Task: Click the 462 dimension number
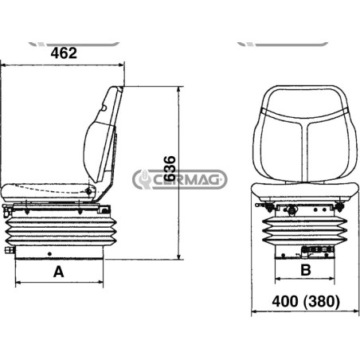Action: (64, 53)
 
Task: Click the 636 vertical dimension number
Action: (170, 169)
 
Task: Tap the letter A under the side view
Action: (59, 272)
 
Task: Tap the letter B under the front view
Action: (306, 270)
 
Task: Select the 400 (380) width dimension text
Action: (306, 302)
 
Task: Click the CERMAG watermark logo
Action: (180, 179)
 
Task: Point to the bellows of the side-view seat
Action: (61, 230)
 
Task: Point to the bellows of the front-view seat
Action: (305, 230)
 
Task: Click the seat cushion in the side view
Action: (48, 193)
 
